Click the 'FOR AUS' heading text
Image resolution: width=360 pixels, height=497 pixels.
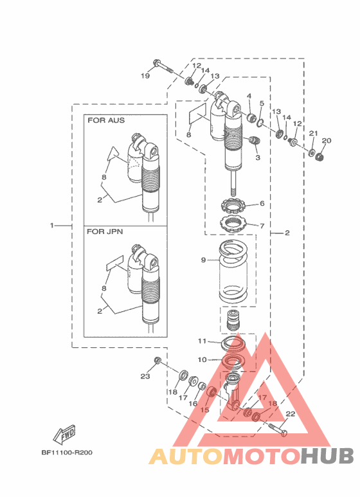106,120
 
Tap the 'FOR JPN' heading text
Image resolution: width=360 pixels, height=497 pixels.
105,231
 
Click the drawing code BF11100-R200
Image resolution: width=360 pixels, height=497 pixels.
67,452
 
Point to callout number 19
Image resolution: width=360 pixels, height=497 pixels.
145,76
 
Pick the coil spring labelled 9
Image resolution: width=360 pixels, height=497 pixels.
233,272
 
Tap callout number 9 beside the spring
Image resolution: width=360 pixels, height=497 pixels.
203,260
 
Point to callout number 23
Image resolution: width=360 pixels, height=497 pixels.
145,377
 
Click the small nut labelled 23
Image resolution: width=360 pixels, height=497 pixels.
157,360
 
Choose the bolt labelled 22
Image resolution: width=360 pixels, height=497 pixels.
278,429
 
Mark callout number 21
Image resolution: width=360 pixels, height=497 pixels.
314,134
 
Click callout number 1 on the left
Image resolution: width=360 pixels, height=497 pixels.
51,226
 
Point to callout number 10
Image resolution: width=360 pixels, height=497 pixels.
202,360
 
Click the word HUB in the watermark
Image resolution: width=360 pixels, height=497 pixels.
327,456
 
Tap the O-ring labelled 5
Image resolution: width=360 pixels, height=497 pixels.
260,122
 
